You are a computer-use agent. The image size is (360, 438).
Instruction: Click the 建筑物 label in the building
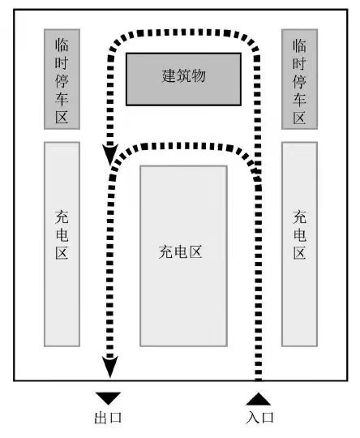point(183,75)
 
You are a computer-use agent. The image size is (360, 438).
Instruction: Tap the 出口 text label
point(108,418)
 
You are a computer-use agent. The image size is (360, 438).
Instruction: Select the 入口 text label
point(259,418)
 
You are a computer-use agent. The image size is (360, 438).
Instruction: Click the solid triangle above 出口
point(109,398)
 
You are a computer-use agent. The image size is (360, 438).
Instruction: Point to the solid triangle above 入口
point(259,399)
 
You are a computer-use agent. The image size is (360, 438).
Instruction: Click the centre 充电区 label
point(181,252)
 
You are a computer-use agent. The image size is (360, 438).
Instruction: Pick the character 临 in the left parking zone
point(62,45)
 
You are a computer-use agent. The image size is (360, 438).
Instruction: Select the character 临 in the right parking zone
point(299,46)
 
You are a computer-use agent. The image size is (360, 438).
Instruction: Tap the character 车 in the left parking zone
point(62,99)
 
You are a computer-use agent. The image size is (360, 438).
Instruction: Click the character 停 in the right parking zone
point(299,82)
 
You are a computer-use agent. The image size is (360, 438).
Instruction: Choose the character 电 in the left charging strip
point(62,235)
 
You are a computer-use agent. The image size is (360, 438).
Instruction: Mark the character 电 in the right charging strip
point(299,235)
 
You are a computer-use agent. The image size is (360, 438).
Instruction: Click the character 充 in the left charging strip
point(62,217)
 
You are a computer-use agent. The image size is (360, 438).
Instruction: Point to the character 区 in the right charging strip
point(299,253)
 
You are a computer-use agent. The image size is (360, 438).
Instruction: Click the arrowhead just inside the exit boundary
point(110,367)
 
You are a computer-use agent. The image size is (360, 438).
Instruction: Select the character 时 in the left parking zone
point(62,62)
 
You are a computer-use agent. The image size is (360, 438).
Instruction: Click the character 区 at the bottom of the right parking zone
point(299,118)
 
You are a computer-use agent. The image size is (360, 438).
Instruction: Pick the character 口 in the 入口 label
point(268,418)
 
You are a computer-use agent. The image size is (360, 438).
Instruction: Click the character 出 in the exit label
point(101,418)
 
